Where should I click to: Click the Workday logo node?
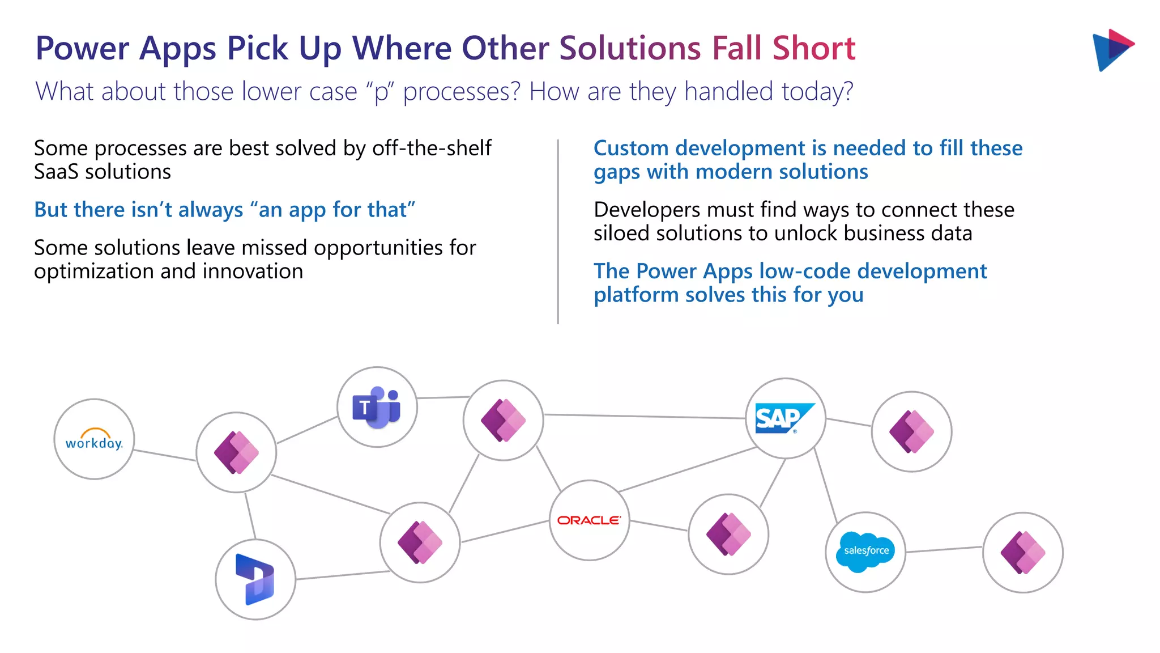(94, 439)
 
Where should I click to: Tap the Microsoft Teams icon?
(377, 407)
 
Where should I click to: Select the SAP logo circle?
(785, 418)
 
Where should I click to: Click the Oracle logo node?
(589, 520)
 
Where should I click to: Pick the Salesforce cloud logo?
(865, 551)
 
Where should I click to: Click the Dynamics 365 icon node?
(255, 579)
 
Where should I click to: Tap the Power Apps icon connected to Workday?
(236, 452)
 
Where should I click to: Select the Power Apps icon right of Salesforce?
(1022, 553)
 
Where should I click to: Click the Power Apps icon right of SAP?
(911, 431)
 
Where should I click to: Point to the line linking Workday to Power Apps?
(165, 455)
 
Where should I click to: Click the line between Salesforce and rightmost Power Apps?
(944, 549)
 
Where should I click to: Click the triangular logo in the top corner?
(1112, 50)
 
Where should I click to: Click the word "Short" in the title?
(814, 48)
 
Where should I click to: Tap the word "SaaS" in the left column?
(55, 172)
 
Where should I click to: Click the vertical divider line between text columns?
(558, 232)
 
